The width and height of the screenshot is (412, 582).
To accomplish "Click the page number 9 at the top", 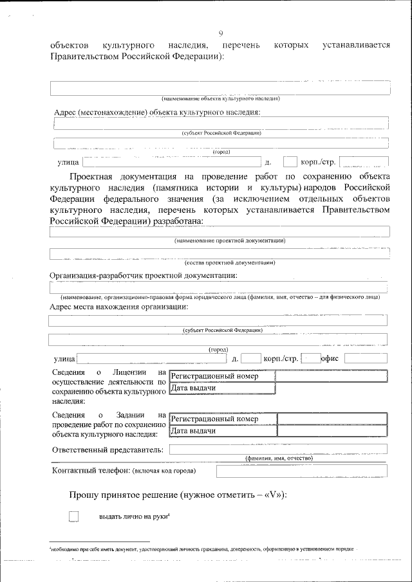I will tap(220, 33).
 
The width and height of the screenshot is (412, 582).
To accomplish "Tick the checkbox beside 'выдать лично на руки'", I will tap(74, 516).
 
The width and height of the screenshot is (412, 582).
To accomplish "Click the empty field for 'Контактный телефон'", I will tap(301, 471).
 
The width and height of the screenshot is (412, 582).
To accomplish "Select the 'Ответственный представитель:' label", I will tap(107, 450).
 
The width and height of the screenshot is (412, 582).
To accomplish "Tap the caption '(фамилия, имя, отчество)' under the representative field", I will tap(279, 459).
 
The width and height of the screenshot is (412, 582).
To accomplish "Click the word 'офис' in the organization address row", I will tap(333, 358).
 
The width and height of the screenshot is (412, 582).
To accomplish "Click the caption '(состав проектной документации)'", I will tap(230, 262).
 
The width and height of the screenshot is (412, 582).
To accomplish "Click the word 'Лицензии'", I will tap(131, 373).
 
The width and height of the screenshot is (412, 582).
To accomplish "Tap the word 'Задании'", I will tap(131, 415).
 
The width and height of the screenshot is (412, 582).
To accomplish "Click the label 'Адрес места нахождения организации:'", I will tap(119, 307).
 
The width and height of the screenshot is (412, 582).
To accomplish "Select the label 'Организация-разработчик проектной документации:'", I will tap(144, 276).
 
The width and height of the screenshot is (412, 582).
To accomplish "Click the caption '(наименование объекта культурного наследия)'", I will tap(220, 99).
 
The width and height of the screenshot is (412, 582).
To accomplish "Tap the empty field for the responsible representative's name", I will tap(278, 449).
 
